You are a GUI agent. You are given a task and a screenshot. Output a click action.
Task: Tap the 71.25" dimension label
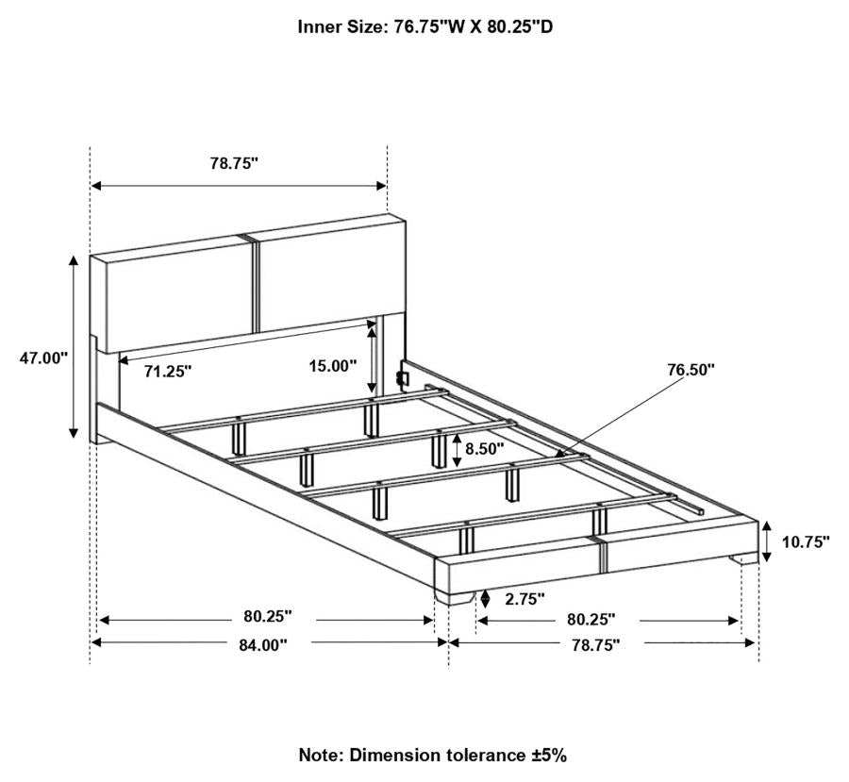coord(168,372)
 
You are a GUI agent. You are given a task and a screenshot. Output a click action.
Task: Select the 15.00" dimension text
coord(334,365)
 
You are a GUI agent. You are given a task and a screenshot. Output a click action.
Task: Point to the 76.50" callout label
coord(691,369)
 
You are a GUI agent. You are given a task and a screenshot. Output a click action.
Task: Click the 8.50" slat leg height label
coord(484,449)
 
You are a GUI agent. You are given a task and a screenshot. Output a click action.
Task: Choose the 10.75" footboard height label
coord(806,542)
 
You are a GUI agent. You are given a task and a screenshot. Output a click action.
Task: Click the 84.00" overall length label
coord(263,644)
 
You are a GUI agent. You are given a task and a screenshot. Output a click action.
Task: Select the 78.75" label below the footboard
coord(595,645)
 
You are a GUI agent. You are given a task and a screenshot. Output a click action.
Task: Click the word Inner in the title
coord(319,26)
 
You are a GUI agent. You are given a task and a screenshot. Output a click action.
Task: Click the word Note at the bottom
coord(321,755)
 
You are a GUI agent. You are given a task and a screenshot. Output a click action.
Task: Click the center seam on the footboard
coord(600,555)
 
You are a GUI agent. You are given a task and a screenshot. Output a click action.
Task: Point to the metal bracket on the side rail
coord(400,376)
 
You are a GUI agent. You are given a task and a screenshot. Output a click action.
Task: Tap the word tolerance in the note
coord(482,755)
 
